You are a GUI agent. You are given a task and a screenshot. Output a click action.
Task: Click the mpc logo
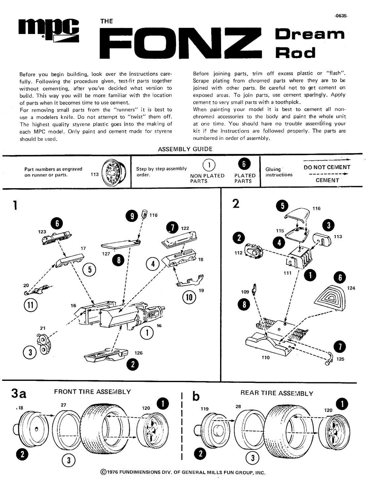(49, 30)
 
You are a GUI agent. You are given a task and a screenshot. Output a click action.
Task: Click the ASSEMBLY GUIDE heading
(185, 149)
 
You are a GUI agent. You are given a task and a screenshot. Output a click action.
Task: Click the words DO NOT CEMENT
(327, 167)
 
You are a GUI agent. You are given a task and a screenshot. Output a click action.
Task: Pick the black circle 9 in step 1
(132, 216)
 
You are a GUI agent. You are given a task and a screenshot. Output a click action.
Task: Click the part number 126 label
(138, 353)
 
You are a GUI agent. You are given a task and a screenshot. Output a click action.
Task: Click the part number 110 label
(265, 357)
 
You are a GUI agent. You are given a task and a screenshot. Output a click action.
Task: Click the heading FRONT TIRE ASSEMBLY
(92, 392)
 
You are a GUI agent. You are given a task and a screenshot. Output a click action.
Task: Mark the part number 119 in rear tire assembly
(205, 409)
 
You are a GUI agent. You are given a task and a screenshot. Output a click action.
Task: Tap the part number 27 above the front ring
(64, 405)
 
